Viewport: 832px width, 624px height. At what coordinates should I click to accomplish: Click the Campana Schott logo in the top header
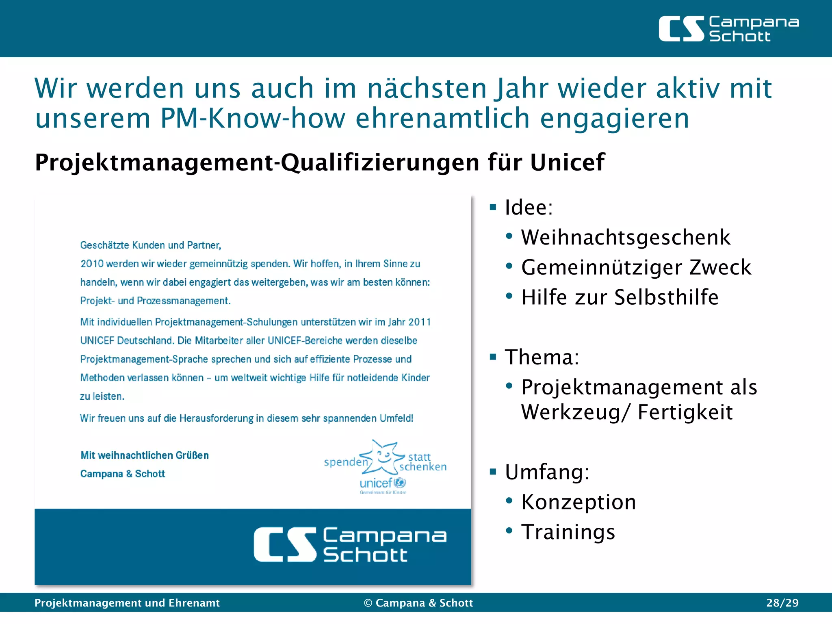point(728,29)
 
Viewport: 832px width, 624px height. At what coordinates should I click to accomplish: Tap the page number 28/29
point(782,602)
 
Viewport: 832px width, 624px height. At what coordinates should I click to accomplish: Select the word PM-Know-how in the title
point(253,118)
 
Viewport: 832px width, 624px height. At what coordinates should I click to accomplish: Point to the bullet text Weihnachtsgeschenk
point(626,237)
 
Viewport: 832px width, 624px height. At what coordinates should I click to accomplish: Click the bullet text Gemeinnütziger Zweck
point(636,267)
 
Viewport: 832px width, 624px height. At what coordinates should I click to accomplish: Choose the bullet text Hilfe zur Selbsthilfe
point(620,297)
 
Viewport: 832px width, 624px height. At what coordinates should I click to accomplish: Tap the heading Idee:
point(529,208)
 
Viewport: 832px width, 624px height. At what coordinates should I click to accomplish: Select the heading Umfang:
point(547,472)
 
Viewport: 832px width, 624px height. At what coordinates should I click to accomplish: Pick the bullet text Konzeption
point(578,502)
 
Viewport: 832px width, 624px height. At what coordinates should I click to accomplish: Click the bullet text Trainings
point(568,532)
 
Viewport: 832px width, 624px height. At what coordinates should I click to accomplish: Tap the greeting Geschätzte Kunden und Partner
point(151,245)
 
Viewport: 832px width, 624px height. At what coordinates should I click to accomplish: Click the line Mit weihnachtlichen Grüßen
point(145,455)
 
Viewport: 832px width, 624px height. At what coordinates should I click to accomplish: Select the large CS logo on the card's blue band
point(350,544)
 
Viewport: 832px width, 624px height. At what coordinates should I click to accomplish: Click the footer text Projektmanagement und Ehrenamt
point(127,602)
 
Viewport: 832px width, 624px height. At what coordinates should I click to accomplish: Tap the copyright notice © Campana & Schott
point(418,602)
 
